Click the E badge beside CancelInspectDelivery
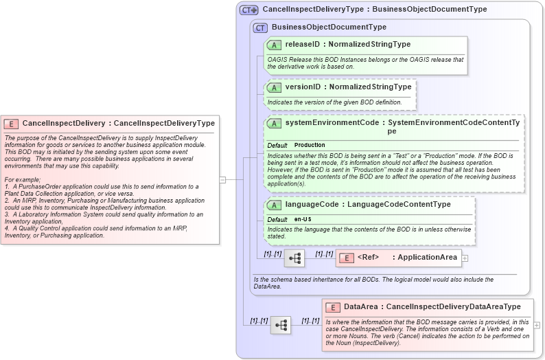coord(11,124)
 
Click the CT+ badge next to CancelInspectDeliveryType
coord(248,10)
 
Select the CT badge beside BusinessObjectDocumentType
coord(260,27)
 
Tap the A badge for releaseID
coord(274,45)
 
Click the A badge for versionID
coord(274,87)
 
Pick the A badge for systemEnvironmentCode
coord(274,123)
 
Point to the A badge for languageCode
coord(274,205)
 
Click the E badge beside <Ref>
coord(345,258)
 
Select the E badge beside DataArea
coord(332,307)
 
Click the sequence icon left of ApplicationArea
coord(295,258)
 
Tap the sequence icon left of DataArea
coord(281,325)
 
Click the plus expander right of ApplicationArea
coord(465,258)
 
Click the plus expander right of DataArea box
coord(537,325)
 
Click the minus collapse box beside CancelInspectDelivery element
coord(222,179)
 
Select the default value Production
coord(310,146)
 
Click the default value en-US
coord(303,219)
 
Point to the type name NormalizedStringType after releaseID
coord(370,45)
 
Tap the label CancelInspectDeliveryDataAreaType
coord(453,307)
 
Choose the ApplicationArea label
coord(428,258)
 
